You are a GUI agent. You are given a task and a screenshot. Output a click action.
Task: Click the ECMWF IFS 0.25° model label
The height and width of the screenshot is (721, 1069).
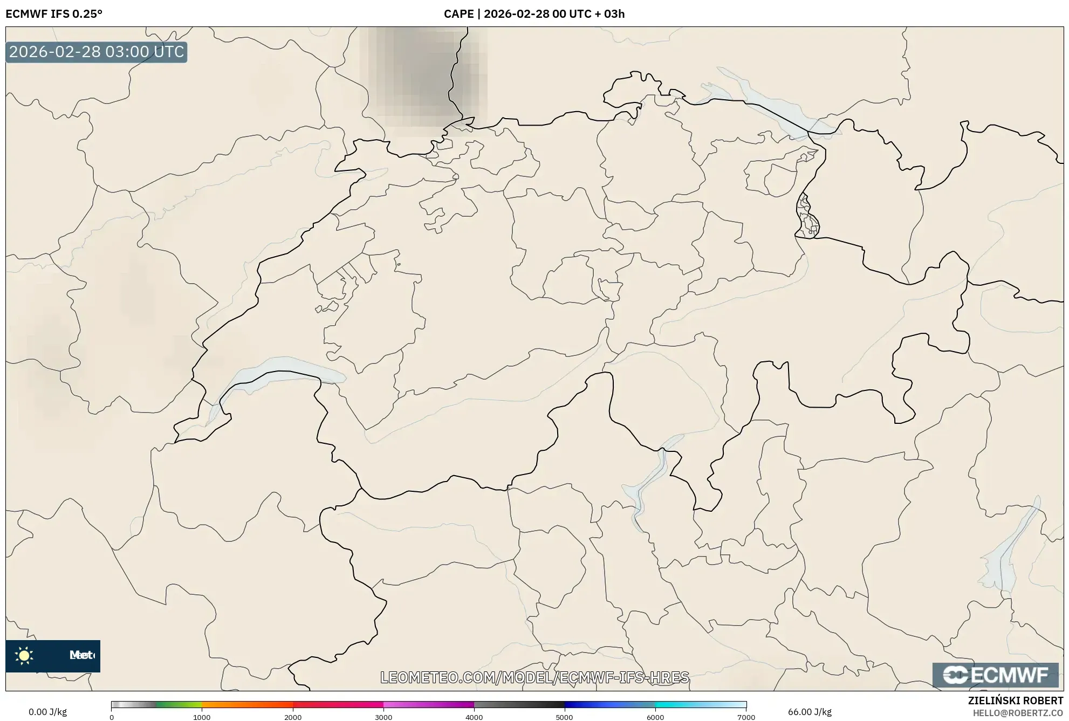tap(54, 14)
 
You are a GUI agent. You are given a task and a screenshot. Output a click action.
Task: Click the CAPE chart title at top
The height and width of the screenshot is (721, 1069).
tap(534, 14)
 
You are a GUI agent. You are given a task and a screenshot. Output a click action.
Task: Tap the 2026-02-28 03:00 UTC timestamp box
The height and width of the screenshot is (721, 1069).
tap(97, 52)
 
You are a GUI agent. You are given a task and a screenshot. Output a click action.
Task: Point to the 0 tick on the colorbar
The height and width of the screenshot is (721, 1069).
tap(112, 717)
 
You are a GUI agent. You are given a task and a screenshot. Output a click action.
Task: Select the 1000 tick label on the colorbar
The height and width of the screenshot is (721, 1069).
tap(202, 717)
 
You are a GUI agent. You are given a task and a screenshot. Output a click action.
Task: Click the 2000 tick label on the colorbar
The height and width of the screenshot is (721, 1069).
tap(293, 717)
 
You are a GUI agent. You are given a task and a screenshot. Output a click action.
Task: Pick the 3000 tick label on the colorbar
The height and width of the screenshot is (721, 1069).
tap(383, 717)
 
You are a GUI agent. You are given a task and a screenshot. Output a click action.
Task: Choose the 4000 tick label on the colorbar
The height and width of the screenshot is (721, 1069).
tap(474, 717)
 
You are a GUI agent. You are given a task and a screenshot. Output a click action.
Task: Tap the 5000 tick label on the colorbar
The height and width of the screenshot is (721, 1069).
tap(565, 717)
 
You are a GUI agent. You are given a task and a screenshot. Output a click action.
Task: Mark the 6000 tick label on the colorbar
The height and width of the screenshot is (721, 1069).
tap(655, 717)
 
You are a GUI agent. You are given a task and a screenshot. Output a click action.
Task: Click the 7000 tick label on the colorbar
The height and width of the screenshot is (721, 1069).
tap(746, 717)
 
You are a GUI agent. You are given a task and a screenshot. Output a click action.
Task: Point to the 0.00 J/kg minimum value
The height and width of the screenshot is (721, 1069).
tap(47, 712)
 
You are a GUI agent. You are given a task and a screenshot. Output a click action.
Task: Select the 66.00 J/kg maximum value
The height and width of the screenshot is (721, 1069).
tap(809, 712)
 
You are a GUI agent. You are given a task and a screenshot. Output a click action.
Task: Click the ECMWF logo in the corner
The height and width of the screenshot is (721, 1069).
tap(995, 675)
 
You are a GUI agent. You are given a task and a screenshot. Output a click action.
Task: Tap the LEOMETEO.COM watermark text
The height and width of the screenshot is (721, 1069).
tap(534, 677)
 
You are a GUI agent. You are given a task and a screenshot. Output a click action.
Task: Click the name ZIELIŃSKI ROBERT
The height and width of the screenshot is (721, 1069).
tap(1016, 701)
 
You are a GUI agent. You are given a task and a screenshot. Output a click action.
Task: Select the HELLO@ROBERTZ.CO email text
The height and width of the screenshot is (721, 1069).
tap(1018, 713)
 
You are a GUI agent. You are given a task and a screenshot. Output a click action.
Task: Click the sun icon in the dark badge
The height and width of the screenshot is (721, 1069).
tap(24, 656)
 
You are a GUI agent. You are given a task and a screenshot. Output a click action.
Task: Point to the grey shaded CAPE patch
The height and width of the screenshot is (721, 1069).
tap(423, 75)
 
